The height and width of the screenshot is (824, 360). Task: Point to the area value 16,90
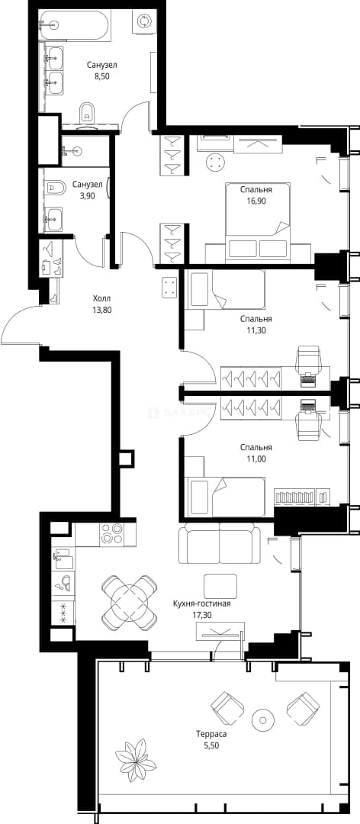pyautogui.click(x=256, y=201)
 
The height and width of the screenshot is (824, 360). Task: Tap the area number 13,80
pyautogui.click(x=101, y=310)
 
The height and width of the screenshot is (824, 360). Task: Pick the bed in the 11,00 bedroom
pyautogui.click(x=226, y=497)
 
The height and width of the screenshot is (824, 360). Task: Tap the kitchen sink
pyautogui.click(x=63, y=555)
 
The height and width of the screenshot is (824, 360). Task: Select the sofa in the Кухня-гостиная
pyautogui.click(x=219, y=543)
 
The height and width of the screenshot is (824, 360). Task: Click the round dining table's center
pyautogui.click(x=130, y=602)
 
